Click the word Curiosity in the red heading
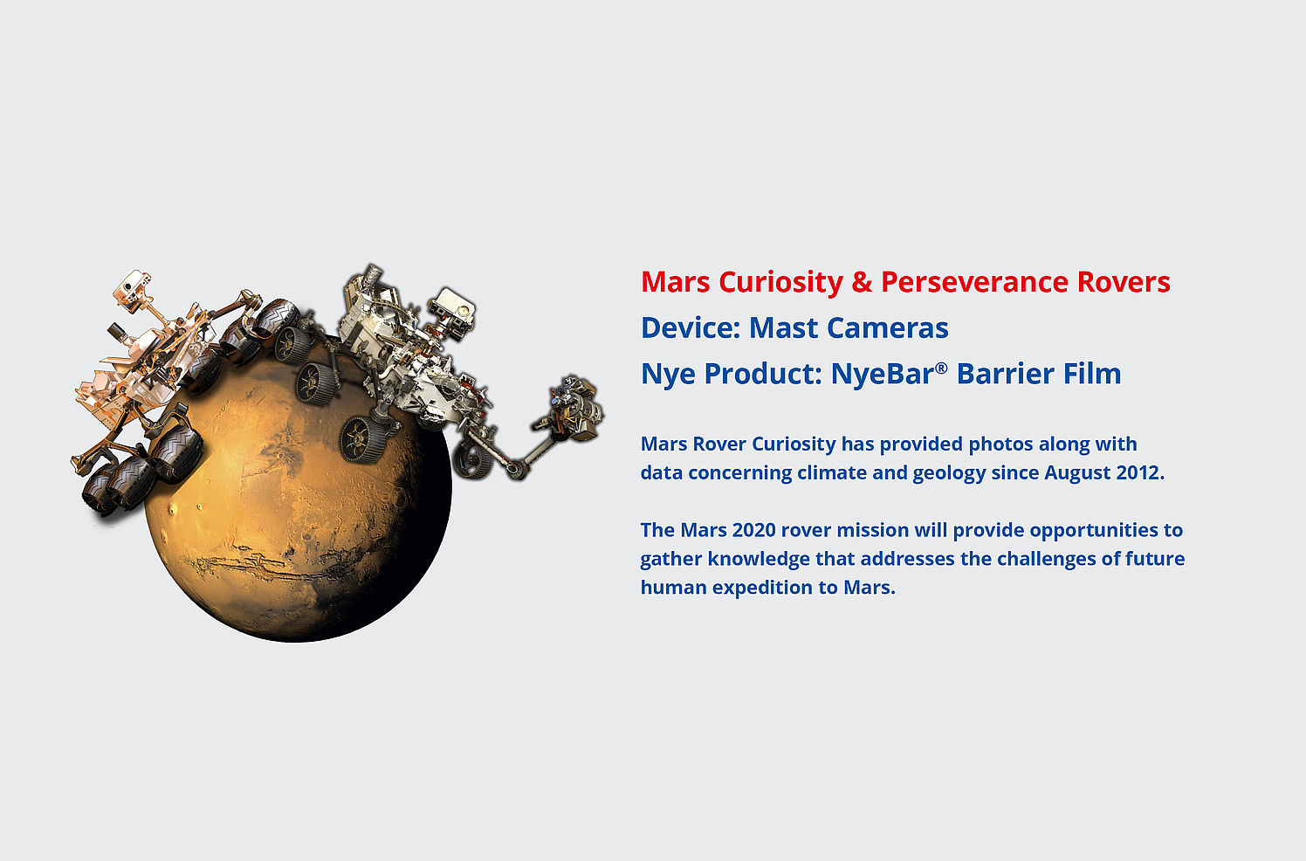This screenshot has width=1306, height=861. pyautogui.click(x=780, y=282)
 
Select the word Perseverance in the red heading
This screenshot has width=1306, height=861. pyautogui.click(x=974, y=282)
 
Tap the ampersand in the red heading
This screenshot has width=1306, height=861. pyautogui.click(x=862, y=282)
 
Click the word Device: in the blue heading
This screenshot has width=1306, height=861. pyautogui.click(x=691, y=327)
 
